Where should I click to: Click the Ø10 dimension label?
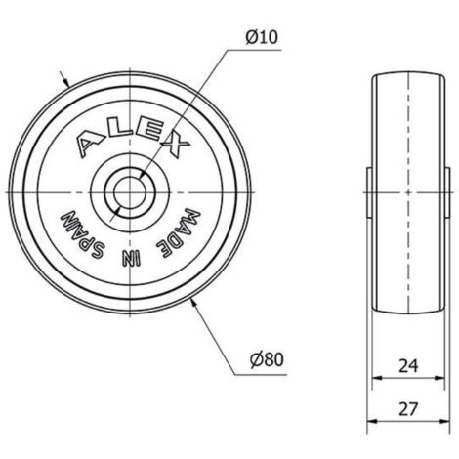tap(262, 37)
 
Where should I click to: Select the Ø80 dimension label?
tap(267, 359)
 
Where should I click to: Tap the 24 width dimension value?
tap(408, 366)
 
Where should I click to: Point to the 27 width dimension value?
tap(408, 409)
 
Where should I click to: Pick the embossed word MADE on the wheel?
tap(179, 233)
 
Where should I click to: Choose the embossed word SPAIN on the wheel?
tap(82, 235)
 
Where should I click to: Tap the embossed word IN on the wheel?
tap(131, 258)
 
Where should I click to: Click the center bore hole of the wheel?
tap(130, 192)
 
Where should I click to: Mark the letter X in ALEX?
tap(175, 144)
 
